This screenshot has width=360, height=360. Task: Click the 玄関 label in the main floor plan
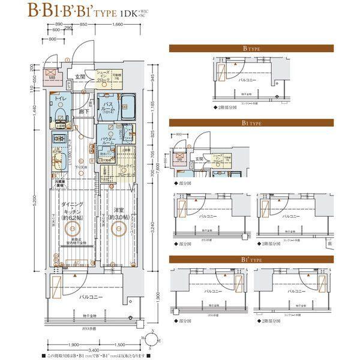(x=80, y=77)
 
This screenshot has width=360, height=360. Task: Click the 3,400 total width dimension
(x=93, y=349)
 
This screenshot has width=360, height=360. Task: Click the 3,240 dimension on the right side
(x=154, y=229)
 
